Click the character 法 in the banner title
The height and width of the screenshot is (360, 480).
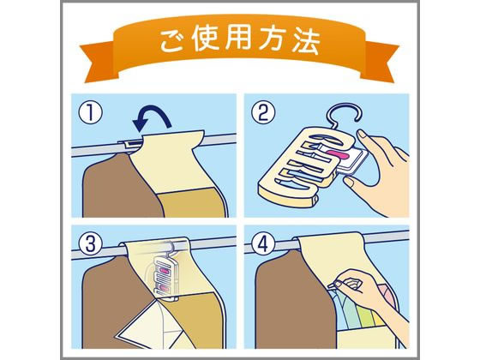point(308,40)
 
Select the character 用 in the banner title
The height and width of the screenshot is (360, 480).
point(240,40)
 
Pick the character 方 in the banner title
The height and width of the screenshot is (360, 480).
point(274,40)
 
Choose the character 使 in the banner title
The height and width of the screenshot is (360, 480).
point(206,40)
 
